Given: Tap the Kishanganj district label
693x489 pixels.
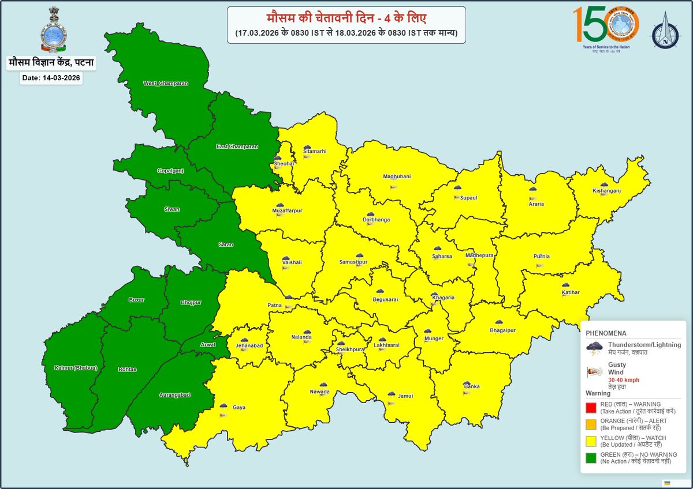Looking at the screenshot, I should pyautogui.click(x=606, y=190).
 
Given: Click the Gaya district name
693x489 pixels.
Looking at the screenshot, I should pyautogui.click(x=239, y=407).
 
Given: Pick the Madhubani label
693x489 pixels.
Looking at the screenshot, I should pyautogui.click(x=397, y=176).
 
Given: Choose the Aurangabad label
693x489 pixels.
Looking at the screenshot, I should pyautogui.click(x=174, y=395).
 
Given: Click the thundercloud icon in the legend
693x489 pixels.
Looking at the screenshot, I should pyautogui.click(x=594, y=347).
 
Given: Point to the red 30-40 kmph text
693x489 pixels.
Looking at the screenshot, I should pyautogui.click(x=623, y=380).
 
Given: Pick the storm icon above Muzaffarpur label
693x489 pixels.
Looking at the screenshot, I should pyautogui.click(x=280, y=205).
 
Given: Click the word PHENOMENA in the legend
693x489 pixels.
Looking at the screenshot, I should pyautogui.click(x=606, y=333).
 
